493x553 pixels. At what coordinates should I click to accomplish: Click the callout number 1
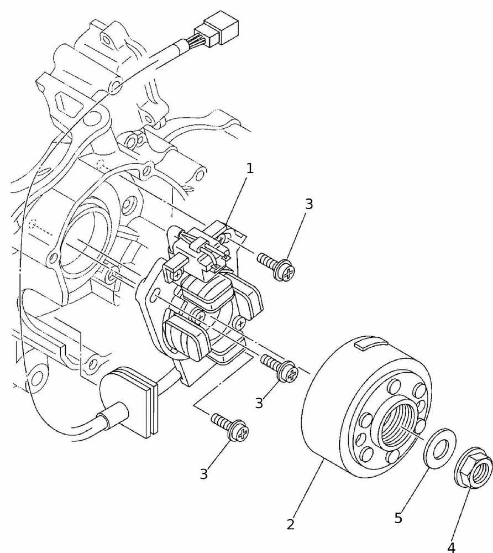250,169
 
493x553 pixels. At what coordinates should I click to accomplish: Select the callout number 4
452,547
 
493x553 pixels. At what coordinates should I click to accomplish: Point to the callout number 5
398,518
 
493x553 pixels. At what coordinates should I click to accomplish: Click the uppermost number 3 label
309,204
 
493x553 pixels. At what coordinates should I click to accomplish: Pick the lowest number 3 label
204,474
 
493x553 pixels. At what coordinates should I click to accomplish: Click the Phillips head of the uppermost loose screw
288,270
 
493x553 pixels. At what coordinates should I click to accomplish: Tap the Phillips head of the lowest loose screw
242,434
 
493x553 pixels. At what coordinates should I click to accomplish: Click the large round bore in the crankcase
83,243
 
